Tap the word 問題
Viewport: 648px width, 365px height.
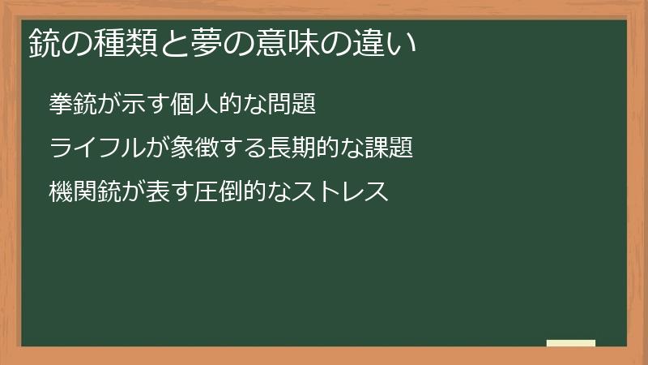point(292,105)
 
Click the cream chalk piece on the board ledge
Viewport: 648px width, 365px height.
point(571,343)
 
